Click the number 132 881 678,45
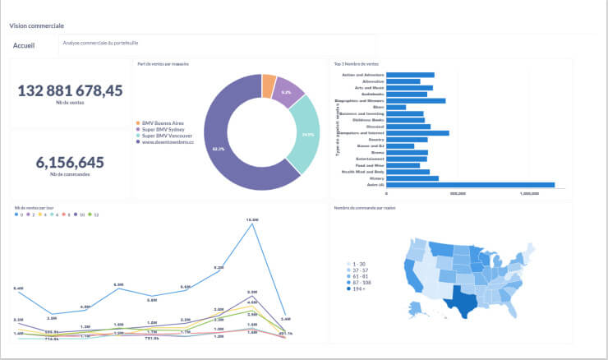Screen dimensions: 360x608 tap(70, 90)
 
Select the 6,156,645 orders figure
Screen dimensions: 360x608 tap(70, 163)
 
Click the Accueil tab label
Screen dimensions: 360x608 tap(24, 45)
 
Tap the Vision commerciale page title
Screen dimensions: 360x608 tap(37, 26)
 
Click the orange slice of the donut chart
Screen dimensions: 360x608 tap(269, 85)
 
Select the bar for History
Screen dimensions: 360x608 tap(412, 178)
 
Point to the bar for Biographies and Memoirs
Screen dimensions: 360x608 tap(416, 101)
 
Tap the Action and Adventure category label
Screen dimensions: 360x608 tap(361, 75)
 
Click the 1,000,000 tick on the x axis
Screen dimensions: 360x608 tap(530, 194)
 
